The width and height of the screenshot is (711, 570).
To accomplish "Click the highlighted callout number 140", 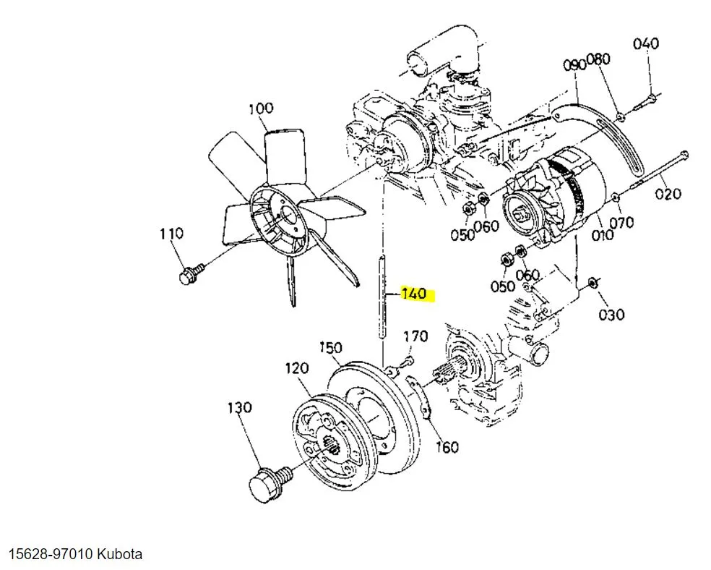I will pyautogui.click(x=414, y=294).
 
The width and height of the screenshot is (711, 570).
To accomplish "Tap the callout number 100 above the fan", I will pyautogui.click(x=261, y=109).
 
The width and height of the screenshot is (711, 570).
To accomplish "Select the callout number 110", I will pyautogui.click(x=171, y=234).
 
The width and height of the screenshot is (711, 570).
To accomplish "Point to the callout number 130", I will pyautogui.click(x=240, y=408).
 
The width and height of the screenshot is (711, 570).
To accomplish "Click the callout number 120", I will pyautogui.click(x=297, y=369).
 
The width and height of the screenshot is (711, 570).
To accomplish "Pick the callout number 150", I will pyautogui.click(x=330, y=348).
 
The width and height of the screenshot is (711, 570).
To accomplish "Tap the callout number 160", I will pyautogui.click(x=447, y=447).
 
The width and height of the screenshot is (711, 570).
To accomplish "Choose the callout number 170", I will pyautogui.click(x=415, y=336).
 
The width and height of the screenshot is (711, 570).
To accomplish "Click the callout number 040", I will pyautogui.click(x=646, y=43).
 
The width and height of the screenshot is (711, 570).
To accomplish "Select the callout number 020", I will pyautogui.click(x=668, y=193).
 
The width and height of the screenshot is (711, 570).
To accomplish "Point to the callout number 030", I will pyautogui.click(x=612, y=314).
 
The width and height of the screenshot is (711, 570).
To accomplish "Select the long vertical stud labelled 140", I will pyautogui.click(x=381, y=297).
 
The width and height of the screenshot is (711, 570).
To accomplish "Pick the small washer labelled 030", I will pyautogui.click(x=592, y=282).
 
